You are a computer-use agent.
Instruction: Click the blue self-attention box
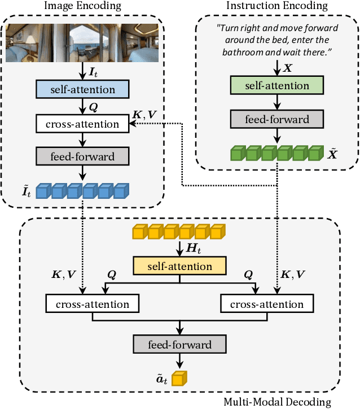pos(82,89)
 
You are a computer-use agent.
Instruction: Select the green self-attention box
pos(277,86)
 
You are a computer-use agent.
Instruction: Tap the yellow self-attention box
pos(179,266)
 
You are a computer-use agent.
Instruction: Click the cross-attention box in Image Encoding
pos(82,124)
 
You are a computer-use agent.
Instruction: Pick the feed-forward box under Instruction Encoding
pos(277,119)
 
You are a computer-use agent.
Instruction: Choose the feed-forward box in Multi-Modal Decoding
pos(179,344)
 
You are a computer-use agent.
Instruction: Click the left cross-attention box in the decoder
pos(92,304)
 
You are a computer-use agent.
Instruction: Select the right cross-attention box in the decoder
pos(267,304)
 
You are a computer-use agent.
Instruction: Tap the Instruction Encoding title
pos(276,6)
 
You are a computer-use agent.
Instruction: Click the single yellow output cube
pos(179,378)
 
